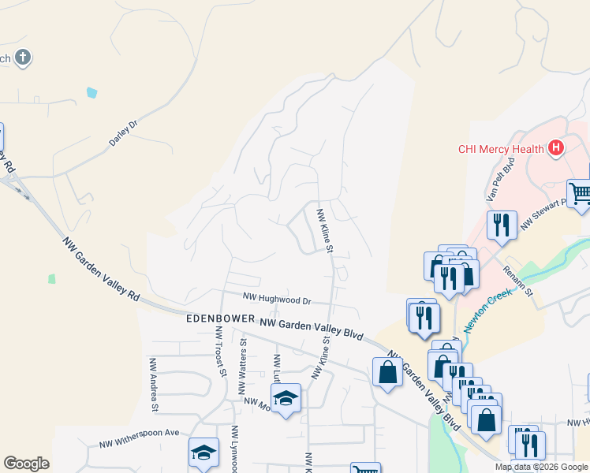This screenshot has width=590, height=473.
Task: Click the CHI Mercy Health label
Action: pyautogui.click(x=501, y=149)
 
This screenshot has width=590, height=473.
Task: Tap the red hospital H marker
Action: pyautogui.click(x=556, y=147)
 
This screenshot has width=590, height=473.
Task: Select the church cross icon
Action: pyautogui.click(x=24, y=57)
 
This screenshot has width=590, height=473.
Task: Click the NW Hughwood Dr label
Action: pyautogui.click(x=277, y=300)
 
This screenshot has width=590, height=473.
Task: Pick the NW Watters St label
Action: pyautogui.click(x=243, y=359)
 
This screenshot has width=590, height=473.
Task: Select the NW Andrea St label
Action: pyautogui.click(x=155, y=384)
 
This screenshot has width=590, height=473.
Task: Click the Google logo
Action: pyautogui.click(x=26, y=464)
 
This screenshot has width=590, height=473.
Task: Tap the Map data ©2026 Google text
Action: pyautogui.click(x=541, y=467)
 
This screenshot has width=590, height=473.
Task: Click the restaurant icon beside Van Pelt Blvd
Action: pyautogui.click(x=501, y=225)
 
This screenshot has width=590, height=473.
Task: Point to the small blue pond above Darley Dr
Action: pyautogui.click(x=92, y=92)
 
